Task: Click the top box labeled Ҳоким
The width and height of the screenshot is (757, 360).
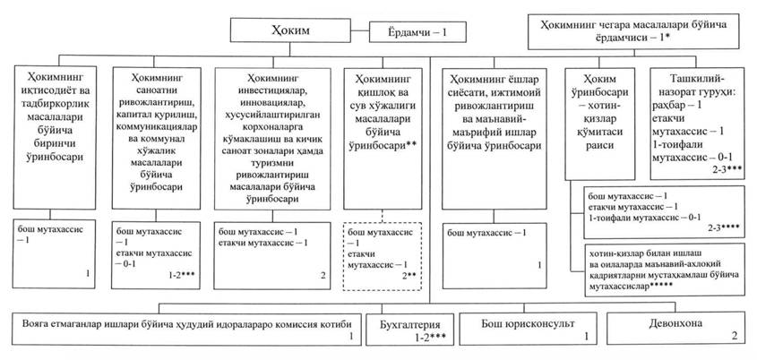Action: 299,31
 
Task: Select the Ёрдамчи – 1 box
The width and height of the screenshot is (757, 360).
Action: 417,31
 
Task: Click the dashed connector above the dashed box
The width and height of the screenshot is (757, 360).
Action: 381,214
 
